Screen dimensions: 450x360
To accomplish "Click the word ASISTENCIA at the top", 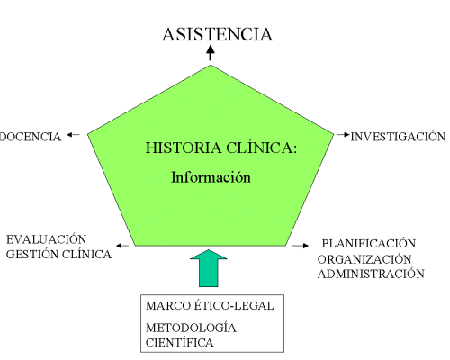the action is coord(218,34).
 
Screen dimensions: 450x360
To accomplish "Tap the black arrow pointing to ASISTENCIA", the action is coord(211,53).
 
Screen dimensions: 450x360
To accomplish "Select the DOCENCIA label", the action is coord(31,137).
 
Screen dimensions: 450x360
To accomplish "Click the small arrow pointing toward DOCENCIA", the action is coord(73,135).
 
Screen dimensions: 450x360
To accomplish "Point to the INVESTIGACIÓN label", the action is coord(398,136).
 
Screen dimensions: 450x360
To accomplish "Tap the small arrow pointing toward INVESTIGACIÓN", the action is coord(344,135).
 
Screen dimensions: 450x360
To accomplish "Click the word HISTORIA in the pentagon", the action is coord(184,148).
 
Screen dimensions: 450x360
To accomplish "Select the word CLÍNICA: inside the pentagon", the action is coord(261,148).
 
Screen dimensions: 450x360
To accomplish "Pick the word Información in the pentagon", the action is coord(211,177).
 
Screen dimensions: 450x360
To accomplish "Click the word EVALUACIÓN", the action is coord(47,239).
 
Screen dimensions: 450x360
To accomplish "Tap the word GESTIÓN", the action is coord(32,254).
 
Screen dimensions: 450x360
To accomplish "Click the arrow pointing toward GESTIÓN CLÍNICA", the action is coord(122,246).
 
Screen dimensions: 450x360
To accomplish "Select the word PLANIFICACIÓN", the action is coord(369,243).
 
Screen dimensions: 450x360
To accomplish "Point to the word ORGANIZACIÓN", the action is coord(364,258).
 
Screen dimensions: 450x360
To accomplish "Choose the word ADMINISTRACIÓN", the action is coord(371,274).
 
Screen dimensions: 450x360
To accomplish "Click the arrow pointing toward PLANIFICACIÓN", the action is coord(301,246).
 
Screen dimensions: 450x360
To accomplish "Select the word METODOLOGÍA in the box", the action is coord(191,327).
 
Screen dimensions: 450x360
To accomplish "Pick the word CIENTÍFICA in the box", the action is coord(180,342).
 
